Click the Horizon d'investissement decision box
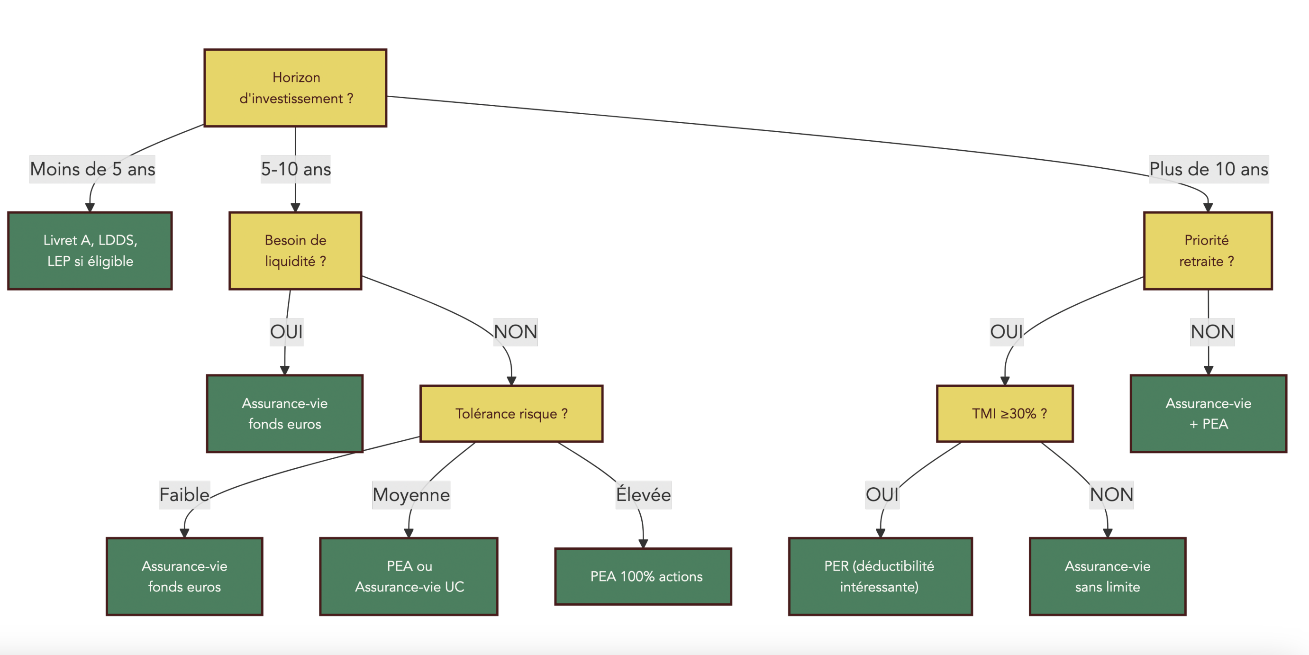(295, 88)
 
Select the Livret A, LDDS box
(90, 251)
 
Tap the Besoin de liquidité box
(295, 251)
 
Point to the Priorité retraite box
(1208, 251)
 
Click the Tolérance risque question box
(511, 414)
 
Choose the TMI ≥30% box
(1005, 414)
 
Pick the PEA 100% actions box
(643, 576)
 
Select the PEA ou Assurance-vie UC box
(409, 576)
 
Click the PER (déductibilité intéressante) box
(880, 576)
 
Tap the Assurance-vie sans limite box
(1107, 576)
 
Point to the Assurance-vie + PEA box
(1208, 414)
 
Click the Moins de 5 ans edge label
(92, 169)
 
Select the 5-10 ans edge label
(296, 169)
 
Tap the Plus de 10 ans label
(1209, 169)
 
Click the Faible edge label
(184, 495)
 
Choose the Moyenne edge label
(411, 495)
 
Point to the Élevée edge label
(643, 495)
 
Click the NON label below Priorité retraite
(1212, 332)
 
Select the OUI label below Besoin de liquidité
(287, 332)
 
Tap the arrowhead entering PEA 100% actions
(643, 544)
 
